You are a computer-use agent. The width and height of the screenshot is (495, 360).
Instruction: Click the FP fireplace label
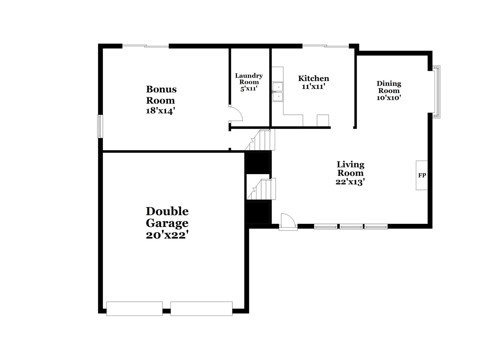point(422,175)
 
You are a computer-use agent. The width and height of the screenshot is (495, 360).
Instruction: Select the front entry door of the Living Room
point(287,222)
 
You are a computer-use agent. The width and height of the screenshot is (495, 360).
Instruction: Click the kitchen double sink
point(278,92)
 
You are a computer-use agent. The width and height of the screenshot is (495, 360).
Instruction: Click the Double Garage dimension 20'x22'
point(167,235)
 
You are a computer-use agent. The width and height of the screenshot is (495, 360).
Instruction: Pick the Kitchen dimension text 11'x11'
point(313,87)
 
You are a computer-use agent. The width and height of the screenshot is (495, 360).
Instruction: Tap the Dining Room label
point(389,87)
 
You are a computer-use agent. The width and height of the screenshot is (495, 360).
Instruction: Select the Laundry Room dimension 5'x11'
point(249,89)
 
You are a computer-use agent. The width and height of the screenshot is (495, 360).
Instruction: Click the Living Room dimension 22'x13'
point(350,182)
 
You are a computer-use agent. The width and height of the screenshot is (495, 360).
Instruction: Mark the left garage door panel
point(134,309)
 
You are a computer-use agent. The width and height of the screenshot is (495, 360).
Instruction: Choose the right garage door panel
point(201,309)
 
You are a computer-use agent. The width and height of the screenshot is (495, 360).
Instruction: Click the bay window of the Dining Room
point(437,92)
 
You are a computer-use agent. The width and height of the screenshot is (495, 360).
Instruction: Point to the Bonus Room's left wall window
point(100,126)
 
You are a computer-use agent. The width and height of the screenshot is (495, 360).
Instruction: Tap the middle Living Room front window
point(351,226)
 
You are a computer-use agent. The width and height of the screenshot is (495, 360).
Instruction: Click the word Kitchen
point(313,78)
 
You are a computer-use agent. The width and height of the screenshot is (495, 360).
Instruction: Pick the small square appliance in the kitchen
point(323,121)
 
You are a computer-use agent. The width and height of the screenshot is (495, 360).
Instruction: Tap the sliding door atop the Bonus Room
point(145,46)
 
